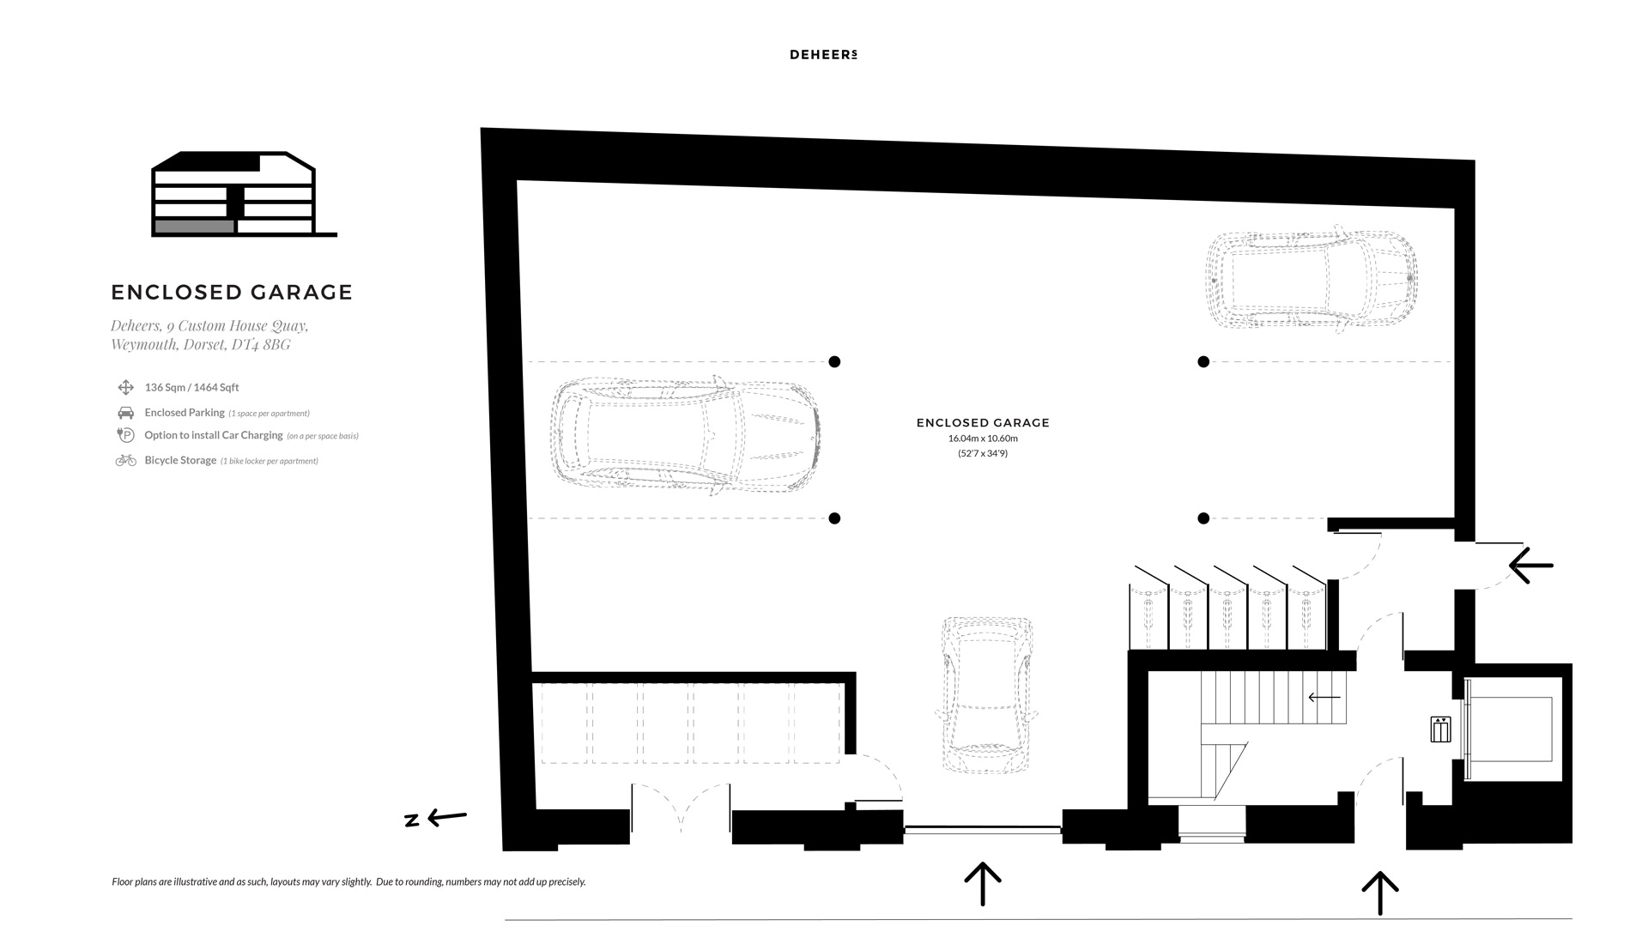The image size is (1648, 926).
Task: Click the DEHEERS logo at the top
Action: pyautogui.click(x=823, y=55)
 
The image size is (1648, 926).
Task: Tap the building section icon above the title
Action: pyautogui.click(x=244, y=194)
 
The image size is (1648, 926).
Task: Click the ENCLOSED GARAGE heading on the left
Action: pyautogui.click(x=232, y=293)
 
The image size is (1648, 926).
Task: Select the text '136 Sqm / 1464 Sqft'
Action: pyautogui.click(x=191, y=388)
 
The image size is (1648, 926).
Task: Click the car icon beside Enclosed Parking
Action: pyautogui.click(x=125, y=413)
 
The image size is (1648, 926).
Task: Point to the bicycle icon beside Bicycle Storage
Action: pyautogui.click(x=125, y=461)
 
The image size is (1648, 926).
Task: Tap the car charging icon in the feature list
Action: pyautogui.click(x=125, y=435)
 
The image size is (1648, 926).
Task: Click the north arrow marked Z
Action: pyautogui.click(x=436, y=818)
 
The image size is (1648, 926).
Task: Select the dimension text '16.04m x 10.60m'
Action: pyautogui.click(x=983, y=439)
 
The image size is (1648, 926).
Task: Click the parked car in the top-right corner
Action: pyautogui.click(x=1312, y=279)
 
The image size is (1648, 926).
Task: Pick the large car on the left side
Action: pyautogui.click(x=684, y=436)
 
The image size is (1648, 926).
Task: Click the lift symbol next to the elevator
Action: pyautogui.click(x=1440, y=729)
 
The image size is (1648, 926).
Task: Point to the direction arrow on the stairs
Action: pyautogui.click(x=1324, y=698)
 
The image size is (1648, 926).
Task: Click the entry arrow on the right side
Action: pyautogui.click(x=1531, y=566)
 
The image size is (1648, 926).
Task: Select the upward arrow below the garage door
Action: pyautogui.click(x=983, y=884)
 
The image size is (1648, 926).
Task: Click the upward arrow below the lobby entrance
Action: pyautogui.click(x=1380, y=893)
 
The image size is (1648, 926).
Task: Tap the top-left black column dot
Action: pyautogui.click(x=834, y=362)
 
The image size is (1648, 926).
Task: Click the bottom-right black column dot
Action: pyautogui.click(x=1203, y=518)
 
